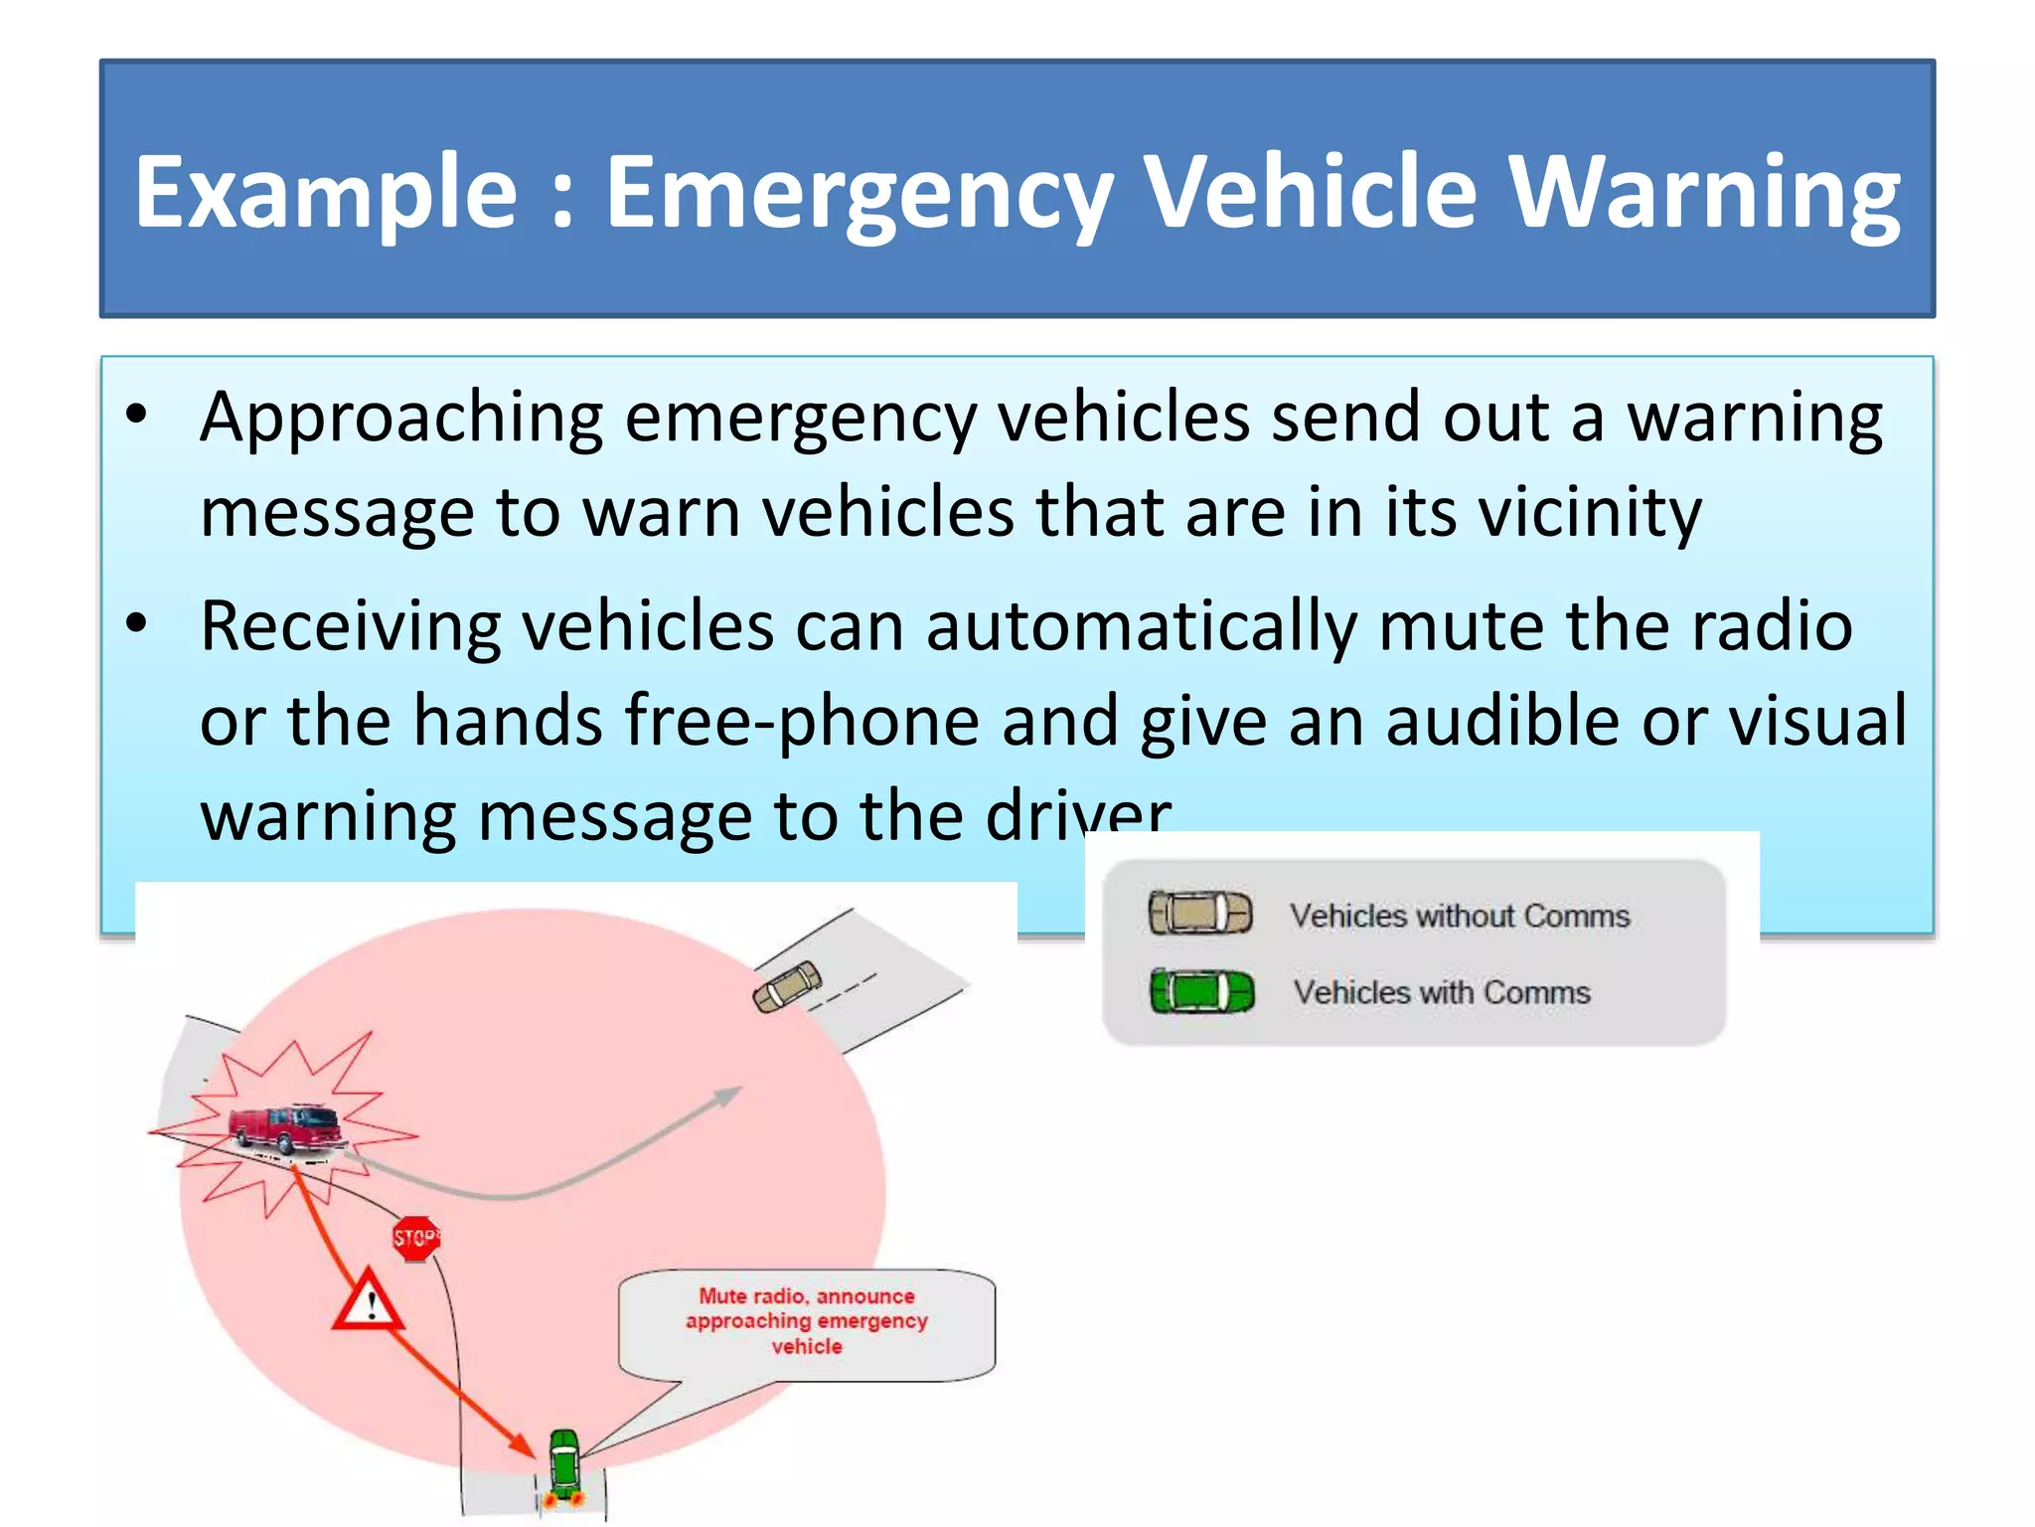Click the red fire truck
tap(285, 1129)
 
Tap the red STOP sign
tap(415, 1239)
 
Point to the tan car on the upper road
tap(788, 985)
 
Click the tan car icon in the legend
tap(1199, 913)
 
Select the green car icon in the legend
tap(1201, 991)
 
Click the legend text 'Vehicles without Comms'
tap(1459, 916)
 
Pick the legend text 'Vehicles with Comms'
tap(1441, 992)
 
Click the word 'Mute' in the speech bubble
tap(722, 1296)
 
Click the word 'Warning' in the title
tap(1703, 193)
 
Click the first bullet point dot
tap(137, 414)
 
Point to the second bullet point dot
tap(137, 624)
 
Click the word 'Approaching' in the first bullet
tap(401, 418)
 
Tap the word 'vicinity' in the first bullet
tap(1589, 513)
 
